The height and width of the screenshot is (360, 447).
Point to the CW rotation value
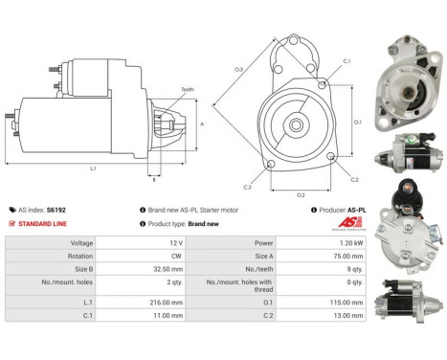175,258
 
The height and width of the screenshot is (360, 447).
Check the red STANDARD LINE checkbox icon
11,223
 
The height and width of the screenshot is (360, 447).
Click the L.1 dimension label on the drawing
94,169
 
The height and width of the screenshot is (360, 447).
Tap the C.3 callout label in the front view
247,186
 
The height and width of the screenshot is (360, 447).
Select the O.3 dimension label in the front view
239,69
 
